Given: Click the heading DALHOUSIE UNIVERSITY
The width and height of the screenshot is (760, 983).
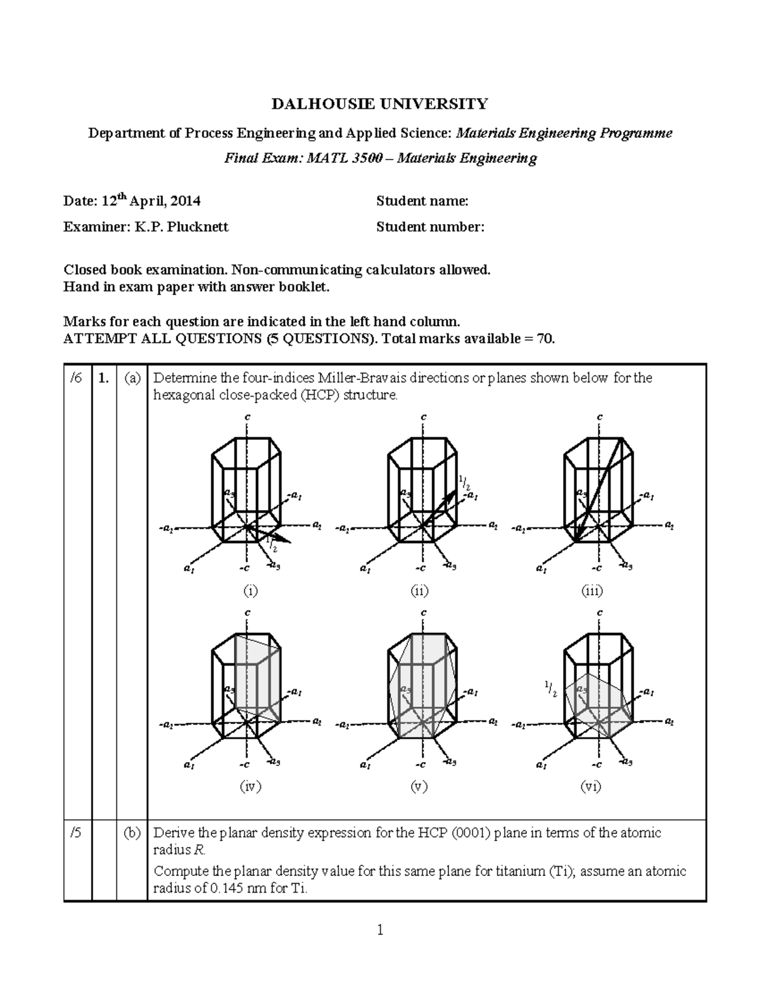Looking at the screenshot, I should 380,104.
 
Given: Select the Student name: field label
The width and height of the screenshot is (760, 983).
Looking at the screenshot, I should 422,201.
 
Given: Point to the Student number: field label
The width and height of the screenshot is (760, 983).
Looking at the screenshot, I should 430,227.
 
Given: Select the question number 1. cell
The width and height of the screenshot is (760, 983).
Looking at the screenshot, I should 104,379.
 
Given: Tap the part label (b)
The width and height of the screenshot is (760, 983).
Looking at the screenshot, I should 132,833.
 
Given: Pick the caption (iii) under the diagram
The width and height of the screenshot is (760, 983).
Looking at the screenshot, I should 592,591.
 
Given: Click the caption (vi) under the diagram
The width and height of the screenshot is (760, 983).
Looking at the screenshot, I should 592,786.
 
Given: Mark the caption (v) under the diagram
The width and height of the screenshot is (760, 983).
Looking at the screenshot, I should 419,786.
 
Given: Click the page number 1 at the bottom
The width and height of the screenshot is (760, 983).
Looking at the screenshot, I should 380,930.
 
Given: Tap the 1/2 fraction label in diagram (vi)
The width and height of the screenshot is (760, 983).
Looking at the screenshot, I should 550,689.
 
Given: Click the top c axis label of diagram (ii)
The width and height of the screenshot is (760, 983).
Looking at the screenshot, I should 423,417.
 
